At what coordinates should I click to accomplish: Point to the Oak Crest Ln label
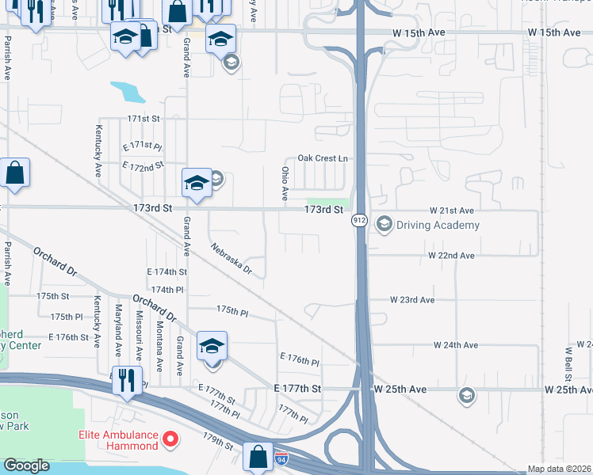pyautogui.click(x=322, y=158)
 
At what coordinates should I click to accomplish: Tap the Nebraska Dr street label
pyautogui.click(x=231, y=260)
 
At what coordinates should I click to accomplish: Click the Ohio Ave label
pyautogui.click(x=285, y=183)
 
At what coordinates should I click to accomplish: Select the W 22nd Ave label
pyautogui.click(x=451, y=256)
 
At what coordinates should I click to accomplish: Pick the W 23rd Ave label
pyautogui.click(x=412, y=300)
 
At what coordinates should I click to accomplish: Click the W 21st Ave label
pyautogui.click(x=451, y=211)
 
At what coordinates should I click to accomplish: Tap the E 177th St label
pyautogui.click(x=297, y=389)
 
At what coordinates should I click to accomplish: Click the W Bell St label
pyautogui.click(x=568, y=360)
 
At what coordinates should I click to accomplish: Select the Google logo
pyautogui.click(x=26, y=465)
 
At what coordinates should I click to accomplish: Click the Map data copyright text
pyautogui.click(x=559, y=469)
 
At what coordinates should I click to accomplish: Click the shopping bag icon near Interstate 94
pyautogui.click(x=258, y=456)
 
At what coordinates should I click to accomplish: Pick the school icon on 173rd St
pyautogui.click(x=196, y=183)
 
